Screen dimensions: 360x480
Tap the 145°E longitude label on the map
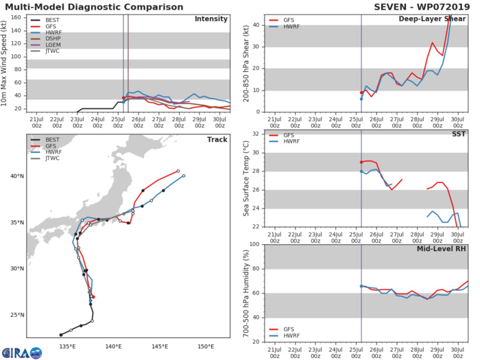(160, 346)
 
